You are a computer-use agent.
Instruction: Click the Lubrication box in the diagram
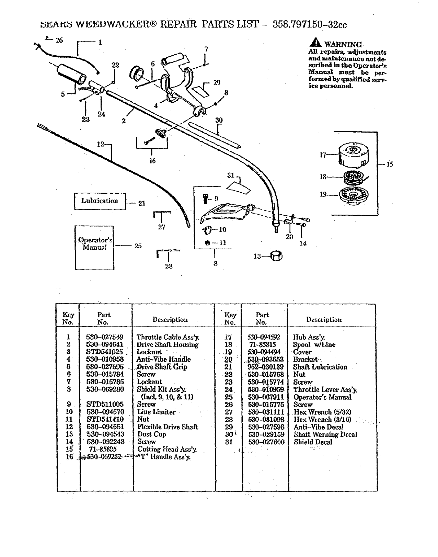[x=100, y=201]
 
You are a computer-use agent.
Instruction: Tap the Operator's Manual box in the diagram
[x=94, y=247]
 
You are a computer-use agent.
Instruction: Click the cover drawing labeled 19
[x=354, y=196]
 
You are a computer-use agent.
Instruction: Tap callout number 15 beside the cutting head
[x=390, y=164]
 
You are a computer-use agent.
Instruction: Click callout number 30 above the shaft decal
[x=219, y=121]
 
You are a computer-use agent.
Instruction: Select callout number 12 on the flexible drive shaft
[x=101, y=144]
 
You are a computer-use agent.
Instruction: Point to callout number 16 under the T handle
[x=152, y=160]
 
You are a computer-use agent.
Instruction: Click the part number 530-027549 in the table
[x=104, y=337]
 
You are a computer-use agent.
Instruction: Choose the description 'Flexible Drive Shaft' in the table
[x=168, y=427]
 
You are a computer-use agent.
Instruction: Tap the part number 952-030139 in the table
[x=266, y=367]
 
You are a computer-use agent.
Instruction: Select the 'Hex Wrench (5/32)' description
[x=322, y=412]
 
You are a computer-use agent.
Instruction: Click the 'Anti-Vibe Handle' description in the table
[x=163, y=359]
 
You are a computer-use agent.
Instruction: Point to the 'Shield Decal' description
[x=313, y=442]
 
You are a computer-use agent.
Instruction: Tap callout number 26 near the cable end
[x=59, y=40]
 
